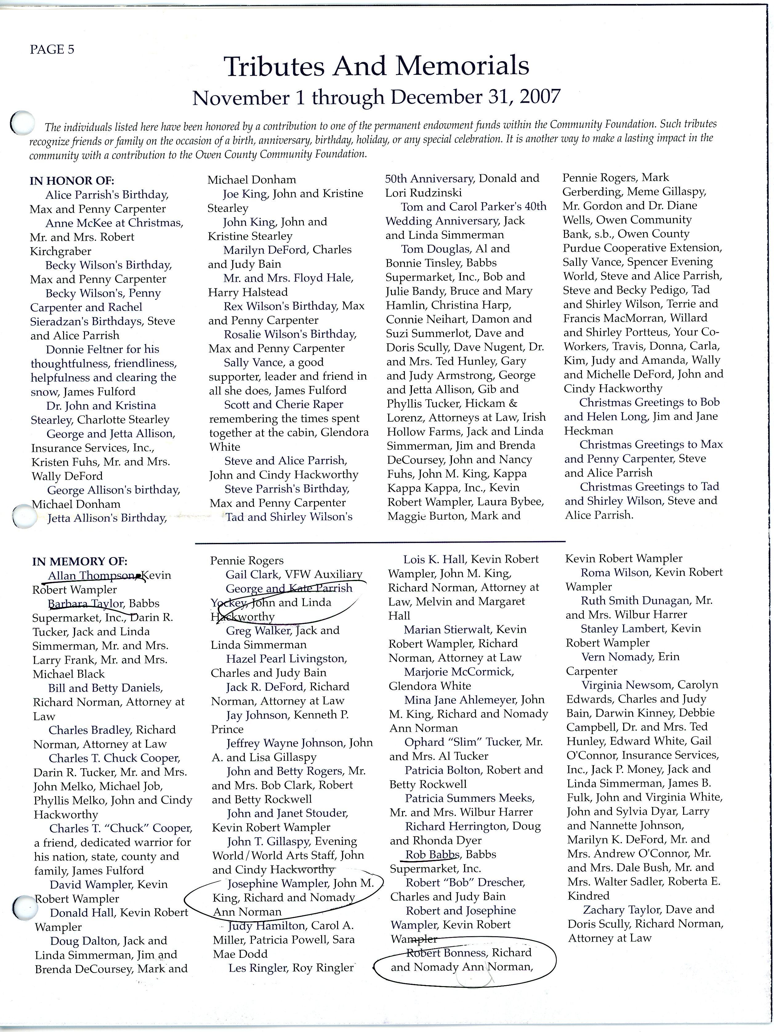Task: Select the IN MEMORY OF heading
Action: (79, 561)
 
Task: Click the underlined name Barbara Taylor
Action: (86, 604)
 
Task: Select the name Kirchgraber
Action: (61, 251)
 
